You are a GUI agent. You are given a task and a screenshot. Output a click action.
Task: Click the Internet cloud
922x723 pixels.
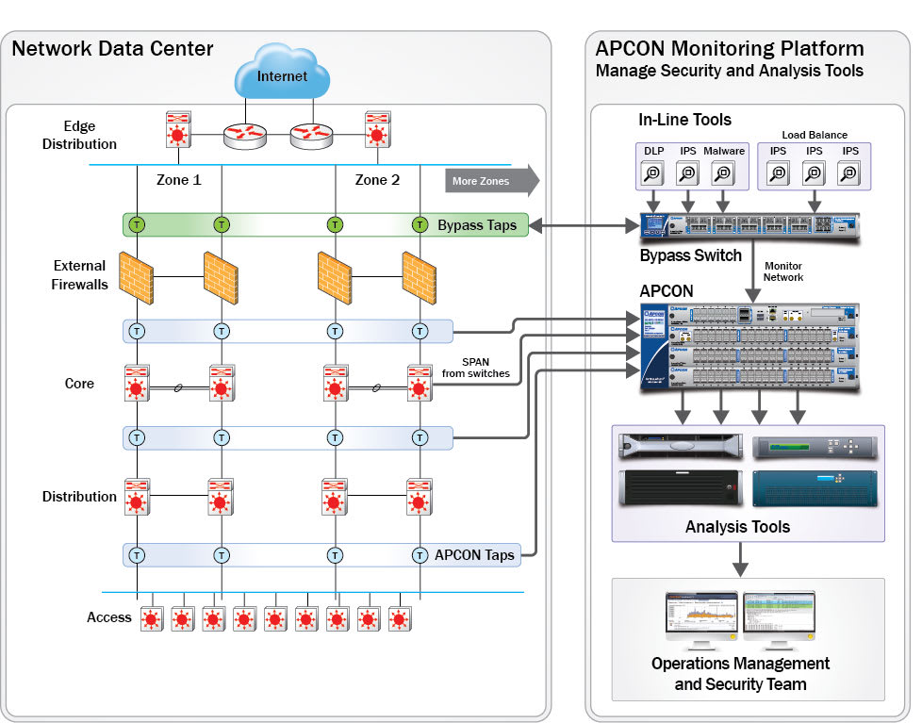coord(282,76)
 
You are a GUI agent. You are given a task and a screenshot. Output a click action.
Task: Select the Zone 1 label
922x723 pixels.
coord(177,179)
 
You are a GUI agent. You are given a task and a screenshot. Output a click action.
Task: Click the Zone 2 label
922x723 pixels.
coord(376,179)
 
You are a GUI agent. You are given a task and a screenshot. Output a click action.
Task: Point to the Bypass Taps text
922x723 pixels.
coord(477,225)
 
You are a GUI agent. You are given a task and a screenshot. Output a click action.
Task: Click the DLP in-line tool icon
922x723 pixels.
coord(653,173)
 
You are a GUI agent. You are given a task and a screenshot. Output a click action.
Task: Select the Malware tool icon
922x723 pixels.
coord(723,173)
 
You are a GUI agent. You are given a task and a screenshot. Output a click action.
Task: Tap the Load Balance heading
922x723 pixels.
coord(814,135)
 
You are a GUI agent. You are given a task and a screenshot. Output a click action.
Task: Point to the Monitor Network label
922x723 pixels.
coord(783,271)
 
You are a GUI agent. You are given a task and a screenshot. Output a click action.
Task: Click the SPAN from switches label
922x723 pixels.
coord(475,368)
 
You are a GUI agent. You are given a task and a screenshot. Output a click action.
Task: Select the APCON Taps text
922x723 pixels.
coord(474,555)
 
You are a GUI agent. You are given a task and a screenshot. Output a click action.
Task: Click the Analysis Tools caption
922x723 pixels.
coord(737,527)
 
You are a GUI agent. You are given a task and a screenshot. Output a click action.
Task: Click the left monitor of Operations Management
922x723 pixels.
coord(700,617)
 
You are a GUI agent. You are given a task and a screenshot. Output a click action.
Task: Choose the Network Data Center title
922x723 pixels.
coord(112,48)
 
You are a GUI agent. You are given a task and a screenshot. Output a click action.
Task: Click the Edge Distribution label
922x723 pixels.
coord(79,135)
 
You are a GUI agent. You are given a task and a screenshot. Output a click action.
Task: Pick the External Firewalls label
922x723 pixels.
coord(80,274)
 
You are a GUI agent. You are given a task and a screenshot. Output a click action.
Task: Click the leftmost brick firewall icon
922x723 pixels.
coord(137,276)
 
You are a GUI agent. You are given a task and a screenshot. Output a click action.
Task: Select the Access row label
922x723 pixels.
coord(109,617)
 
